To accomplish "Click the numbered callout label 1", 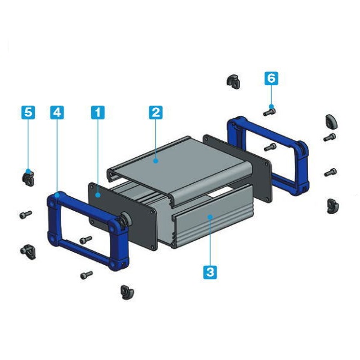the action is pos(98,113).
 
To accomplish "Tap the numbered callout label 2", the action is pos(155,113).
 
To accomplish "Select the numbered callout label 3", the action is pos(210,272).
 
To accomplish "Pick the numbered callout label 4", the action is pos(57,113).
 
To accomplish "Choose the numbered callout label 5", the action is pos(28,113).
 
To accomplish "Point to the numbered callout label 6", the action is pos(271,79).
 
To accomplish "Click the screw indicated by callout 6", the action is pos(269,112).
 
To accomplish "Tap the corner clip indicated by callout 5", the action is pos(28,179).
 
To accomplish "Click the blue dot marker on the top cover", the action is pos(155,161).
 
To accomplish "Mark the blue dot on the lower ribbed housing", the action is pos(210,217).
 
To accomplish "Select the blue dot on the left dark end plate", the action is pos(98,195).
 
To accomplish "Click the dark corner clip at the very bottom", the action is pos(127,292).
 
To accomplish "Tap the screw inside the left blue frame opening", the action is pos(86,240).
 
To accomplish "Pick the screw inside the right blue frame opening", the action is pos(270,147).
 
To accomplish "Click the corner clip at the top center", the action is pos(233,82).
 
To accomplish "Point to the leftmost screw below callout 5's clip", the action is pos(25,215).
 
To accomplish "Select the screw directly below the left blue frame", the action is pos(86,275).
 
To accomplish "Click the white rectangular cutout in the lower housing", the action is pos(221,192).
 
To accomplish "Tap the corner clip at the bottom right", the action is pos(332,206).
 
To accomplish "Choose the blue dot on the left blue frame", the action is pos(57,196).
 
